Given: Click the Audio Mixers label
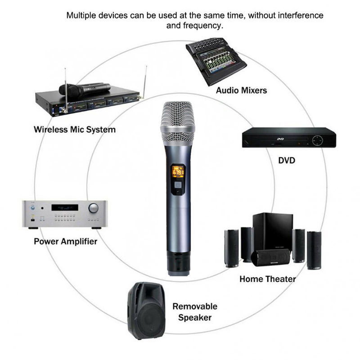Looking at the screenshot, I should [241, 90].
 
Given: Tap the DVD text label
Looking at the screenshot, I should [286, 160].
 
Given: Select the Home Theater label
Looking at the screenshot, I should [267, 279].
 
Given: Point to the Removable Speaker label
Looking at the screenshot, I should [195, 312].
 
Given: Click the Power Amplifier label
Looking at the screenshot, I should [66, 242].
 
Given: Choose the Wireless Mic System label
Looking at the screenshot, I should [75, 130].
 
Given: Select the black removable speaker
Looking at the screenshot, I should [146, 311].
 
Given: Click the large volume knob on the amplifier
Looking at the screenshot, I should [94, 208].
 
